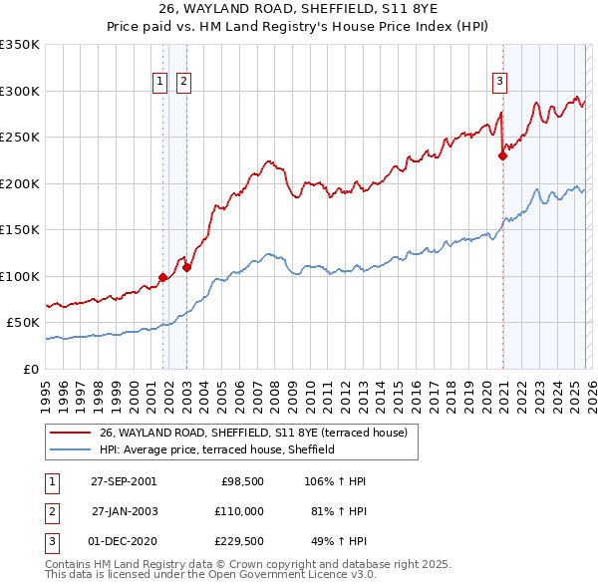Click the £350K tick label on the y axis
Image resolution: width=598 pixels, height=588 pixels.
(20, 45)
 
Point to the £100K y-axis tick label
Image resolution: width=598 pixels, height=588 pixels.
(20, 276)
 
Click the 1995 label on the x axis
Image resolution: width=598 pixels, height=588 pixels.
(46, 389)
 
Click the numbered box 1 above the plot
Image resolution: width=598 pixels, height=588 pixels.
(160, 83)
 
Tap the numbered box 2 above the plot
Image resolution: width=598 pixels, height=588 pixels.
(184, 83)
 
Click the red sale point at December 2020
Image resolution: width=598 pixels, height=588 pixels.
(502, 154)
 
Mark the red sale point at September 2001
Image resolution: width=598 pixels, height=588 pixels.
(163, 277)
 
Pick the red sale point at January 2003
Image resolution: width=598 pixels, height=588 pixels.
(186, 267)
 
